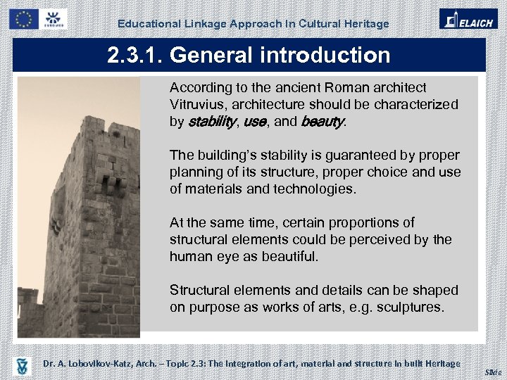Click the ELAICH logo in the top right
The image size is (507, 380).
point(468,18)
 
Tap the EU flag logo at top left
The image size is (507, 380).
point(23,19)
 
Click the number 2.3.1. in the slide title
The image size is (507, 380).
point(136,55)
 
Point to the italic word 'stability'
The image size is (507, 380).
point(212,122)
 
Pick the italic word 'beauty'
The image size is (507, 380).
point(323,122)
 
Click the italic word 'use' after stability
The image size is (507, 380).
point(255,122)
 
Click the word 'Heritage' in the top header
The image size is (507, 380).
point(366,24)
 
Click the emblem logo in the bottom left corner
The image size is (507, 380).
point(23,365)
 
